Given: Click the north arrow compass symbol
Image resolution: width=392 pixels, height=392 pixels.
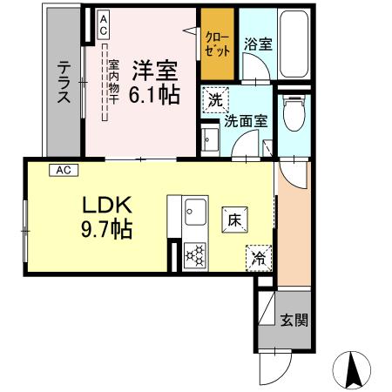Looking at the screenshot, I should click(x=354, y=368).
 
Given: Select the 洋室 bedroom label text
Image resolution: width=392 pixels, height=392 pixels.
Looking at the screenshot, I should click(x=155, y=68).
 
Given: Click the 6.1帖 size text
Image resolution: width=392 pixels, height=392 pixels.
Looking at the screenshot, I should click(x=157, y=93).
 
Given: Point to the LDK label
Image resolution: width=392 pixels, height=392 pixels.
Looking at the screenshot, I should click(x=107, y=206).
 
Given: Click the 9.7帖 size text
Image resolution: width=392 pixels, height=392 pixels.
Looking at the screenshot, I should click(x=107, y=230).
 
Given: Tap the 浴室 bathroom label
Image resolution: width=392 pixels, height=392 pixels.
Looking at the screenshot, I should click(x=257, y=44).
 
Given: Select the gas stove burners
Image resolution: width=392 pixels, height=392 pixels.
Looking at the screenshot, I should click(x=194, y=254).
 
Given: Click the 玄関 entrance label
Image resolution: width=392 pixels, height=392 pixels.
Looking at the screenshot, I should click(x=292, y=320).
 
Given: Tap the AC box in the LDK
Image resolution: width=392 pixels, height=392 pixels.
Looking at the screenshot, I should click(x=64, y=170).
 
